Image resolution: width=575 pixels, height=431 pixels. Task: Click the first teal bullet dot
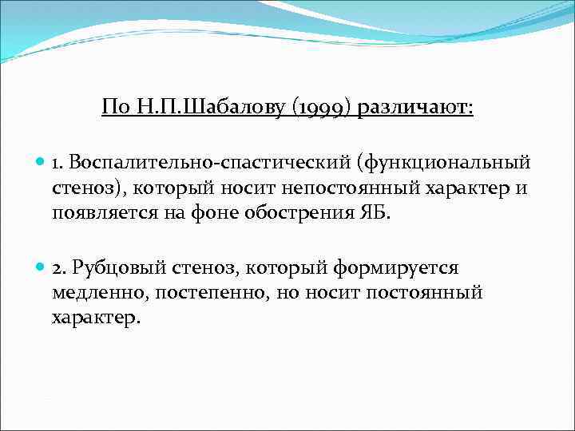click(41, 163)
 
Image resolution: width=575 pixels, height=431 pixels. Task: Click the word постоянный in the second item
click(425, 292)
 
